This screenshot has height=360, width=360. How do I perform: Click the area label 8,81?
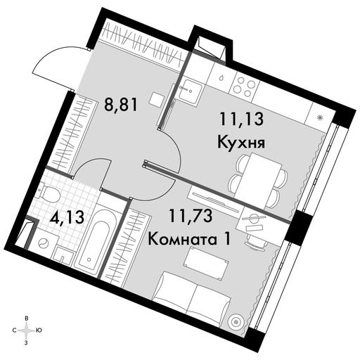click(x=121, y=105)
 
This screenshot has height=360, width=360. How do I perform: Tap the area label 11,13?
click(x=242, y=119)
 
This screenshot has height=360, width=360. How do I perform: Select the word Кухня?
click(x=241, y=142)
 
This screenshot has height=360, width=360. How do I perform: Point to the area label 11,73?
click(x=191, y=216)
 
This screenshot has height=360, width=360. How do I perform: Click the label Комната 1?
click(x=189, y=240)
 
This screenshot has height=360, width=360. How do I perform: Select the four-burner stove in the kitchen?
click(x=245, y=86)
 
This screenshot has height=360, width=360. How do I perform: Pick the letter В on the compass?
click(x=27, y=319)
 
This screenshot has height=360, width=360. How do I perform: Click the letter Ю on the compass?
click(x=39, y=330)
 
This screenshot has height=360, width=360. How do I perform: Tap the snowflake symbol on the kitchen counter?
click(x=319, y=117)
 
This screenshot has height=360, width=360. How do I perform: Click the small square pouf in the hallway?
click(x=156, y=99)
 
